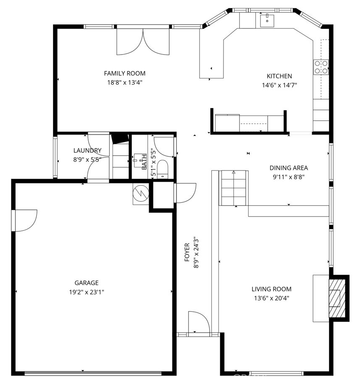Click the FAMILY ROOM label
point(124,73)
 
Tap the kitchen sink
point(267,20)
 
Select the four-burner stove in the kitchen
point(321,67)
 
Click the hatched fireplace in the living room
point(337,298)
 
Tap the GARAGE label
point(87,283)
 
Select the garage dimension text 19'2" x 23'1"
point(87,292)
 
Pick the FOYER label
point(187,252)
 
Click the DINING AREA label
point(289,168)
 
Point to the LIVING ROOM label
point(271,289)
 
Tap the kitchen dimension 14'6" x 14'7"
point(279,85)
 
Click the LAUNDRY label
point(87,150)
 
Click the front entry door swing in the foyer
point(199,322)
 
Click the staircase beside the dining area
point(234,188)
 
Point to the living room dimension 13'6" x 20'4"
point(271,298)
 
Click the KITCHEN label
point(279,76)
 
